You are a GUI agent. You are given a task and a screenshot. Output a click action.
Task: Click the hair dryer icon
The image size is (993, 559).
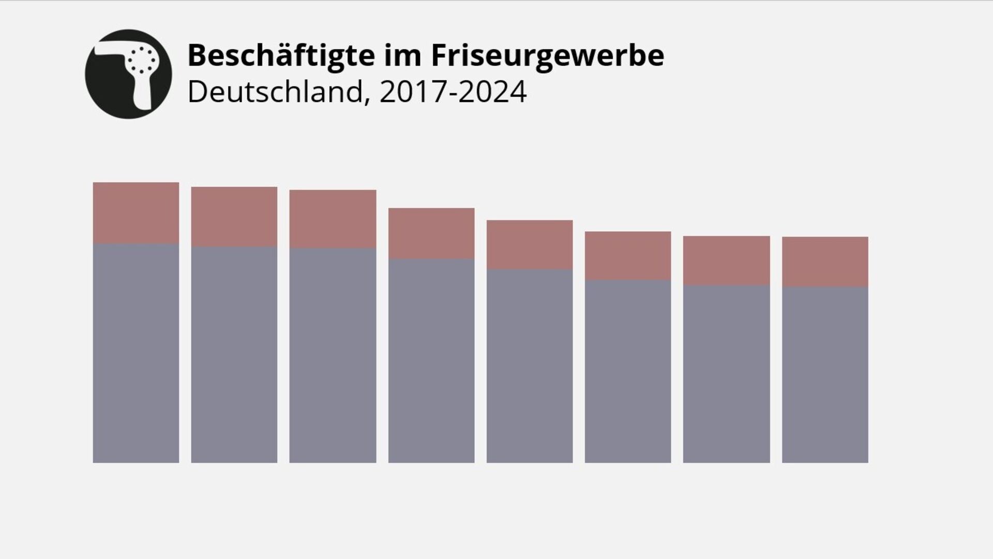tap(128, 74)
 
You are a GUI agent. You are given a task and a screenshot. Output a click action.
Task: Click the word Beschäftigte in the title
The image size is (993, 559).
tap(281, 55)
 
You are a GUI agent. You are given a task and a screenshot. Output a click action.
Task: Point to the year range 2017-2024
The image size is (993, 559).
tap(453, 92)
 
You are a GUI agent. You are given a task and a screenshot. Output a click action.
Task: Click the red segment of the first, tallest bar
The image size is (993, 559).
tap(136, 213)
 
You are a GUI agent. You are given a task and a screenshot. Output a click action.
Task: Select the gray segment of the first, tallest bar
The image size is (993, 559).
tap(136, 353)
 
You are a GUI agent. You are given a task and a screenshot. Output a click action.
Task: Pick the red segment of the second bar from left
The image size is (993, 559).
tap(234, 216)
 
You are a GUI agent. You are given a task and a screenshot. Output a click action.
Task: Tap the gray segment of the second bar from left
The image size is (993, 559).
tap(234, 355)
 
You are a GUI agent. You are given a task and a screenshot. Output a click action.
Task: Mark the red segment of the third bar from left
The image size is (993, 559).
tap(333, 218)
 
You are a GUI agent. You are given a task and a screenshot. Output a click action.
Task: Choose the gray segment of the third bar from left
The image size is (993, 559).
tap(333, 355)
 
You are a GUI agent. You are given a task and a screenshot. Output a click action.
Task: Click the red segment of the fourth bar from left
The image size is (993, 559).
tap(431, 233)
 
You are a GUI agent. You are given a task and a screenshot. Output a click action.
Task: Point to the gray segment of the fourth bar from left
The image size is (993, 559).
tap(431, 361)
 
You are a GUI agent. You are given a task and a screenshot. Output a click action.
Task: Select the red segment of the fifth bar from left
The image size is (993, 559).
tap(530, 244)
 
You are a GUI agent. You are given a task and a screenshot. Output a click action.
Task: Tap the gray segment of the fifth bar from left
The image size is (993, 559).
tap(530, 366)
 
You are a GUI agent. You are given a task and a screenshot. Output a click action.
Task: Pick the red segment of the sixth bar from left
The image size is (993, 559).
tap(628, 256)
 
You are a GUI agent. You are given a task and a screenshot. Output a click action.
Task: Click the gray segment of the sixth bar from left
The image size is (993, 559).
tap(628, 372)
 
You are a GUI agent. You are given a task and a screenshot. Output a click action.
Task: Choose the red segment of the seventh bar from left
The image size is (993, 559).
tap(727, 260)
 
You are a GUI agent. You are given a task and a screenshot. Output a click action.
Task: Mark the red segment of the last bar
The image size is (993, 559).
tap(825, 261)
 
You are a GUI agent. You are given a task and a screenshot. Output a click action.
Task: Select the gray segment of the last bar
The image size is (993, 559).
tap(825, 375)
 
